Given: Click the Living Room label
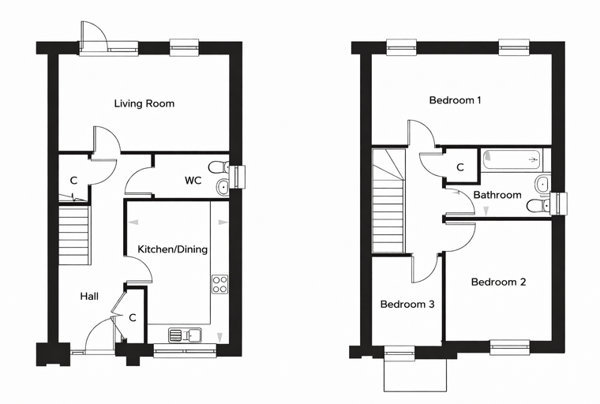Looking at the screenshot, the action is pos(144,103).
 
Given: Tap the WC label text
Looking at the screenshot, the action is pos(193,180).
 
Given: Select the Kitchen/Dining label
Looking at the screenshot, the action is pos(173,249).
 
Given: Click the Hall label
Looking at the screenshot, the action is pos(89,296).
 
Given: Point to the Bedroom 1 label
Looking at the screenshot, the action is pos(455,100).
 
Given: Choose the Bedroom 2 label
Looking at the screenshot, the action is pos(499,282).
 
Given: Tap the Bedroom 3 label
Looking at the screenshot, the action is pos(407,305).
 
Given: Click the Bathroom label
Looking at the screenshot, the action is pos(497,195).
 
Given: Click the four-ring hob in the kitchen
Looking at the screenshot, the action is pos(219,284).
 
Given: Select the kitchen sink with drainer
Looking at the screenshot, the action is pos(186,335).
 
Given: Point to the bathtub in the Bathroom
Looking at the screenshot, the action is pos(512,159).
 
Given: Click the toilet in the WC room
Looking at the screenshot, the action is pos(219,167).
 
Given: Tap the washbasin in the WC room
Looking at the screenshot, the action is pos(223,187).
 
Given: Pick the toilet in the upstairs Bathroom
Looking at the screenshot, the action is pos(538,206).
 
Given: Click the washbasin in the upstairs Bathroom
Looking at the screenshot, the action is pos(542,185).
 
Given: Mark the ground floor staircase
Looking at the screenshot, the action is pos(75,235).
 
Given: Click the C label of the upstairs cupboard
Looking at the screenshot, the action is pos(460,167).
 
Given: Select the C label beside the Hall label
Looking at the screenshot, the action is pos(133,318).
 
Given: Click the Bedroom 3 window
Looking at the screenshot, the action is pos(399,353).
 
